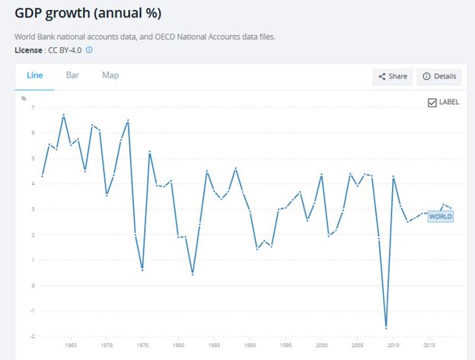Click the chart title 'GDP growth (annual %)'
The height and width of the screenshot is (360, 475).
click(x=88, y=14)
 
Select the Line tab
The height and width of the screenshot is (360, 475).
click(x=35, y=75)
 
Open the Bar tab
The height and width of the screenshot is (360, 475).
click(x=72, y=75)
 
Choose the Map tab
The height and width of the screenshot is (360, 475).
click(x=110, y=75)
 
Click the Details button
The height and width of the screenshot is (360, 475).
click(x=439, y=76)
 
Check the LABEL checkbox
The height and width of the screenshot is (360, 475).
click(x=432, y=102)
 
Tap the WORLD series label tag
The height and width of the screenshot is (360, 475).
click(x=441, y=216)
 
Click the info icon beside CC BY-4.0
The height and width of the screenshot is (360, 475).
click(x=89, y=50)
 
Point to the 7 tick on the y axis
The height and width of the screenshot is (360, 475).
click(x=33, y=107)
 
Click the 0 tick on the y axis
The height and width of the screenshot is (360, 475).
click(x=33, y=285)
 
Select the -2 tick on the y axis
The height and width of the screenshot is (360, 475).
click(x=32, y=336)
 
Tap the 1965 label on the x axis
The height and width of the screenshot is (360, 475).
click(x=70, y=345)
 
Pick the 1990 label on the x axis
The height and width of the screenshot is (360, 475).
click(x=250, y=345)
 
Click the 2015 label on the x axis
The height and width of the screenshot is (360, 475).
click(x=429, y=345)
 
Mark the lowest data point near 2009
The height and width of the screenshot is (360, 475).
click(x=386, y=328)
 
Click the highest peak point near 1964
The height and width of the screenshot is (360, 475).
click(x=63, y=115)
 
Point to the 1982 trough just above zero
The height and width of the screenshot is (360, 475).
click(x=193, y=274)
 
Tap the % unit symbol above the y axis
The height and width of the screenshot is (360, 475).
click(x=24, y=98)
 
